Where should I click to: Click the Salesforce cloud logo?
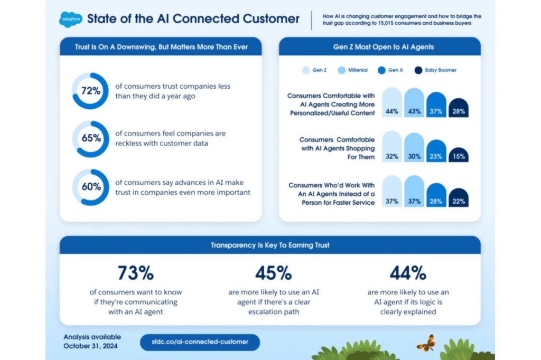(70, 20)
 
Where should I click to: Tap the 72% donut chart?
(90, 91)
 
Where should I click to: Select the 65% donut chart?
(90, 138)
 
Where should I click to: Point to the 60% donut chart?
(90, 187)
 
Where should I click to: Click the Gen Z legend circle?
(305, 70)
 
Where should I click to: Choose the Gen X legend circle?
(381, 70)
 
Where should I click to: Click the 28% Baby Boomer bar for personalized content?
(458, 108)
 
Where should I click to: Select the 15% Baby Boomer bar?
(458, 155)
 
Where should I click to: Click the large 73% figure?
(136, 273)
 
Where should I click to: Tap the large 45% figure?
(274, 273)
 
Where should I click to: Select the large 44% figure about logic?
(408, 273)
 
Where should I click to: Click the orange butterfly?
(426, 343)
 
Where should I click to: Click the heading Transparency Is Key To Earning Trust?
(270, 245)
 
